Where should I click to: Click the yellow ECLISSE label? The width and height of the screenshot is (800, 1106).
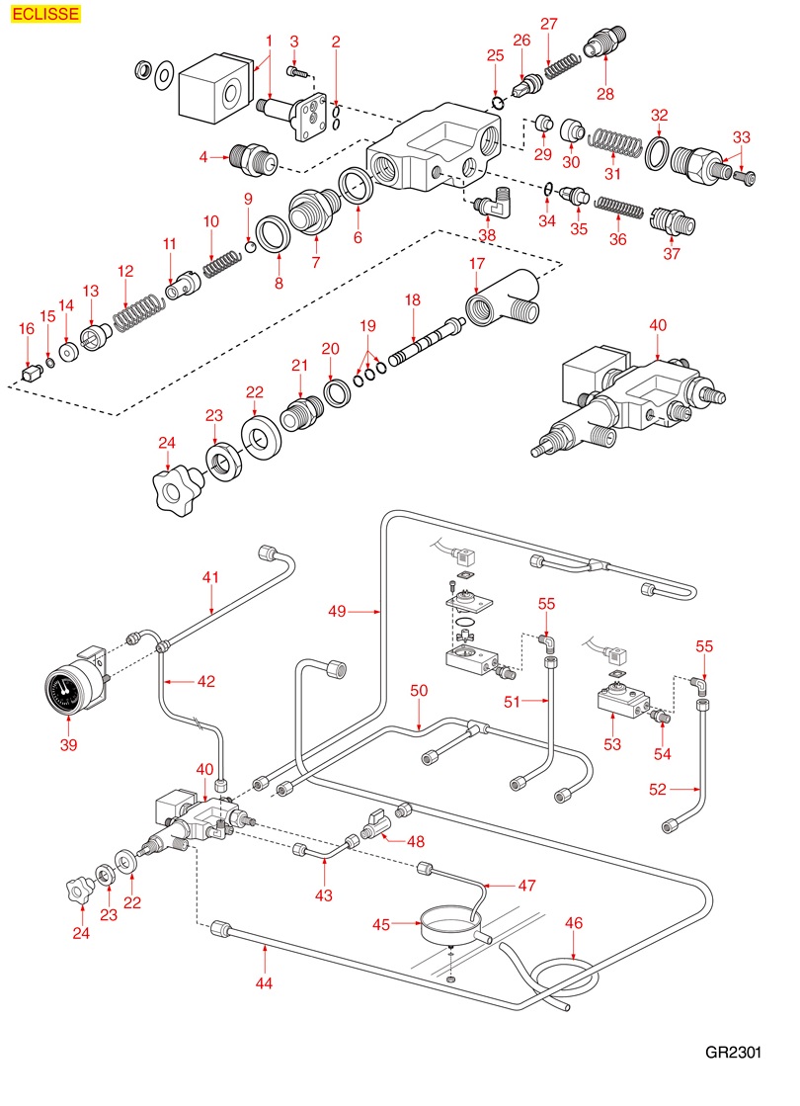(43, 14)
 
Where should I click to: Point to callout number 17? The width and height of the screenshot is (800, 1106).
(477, 264)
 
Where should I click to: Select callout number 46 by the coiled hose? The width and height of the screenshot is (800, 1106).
(574, 923)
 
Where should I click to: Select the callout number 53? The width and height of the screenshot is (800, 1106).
(612, 744)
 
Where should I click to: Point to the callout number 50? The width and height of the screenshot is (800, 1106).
(419, 692)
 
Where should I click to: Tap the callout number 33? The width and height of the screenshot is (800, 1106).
(741, 136)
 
